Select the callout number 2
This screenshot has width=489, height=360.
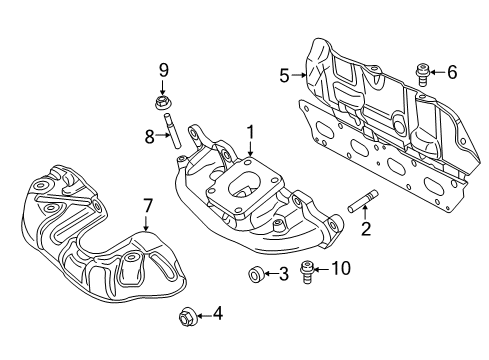point(366,229)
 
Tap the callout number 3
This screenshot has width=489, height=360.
point(284,274)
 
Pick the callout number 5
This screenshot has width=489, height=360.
point(284,74)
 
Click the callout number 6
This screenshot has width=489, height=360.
point(452,72)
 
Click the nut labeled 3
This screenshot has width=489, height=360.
point(255,274)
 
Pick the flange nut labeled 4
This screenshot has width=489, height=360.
point(186,319)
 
